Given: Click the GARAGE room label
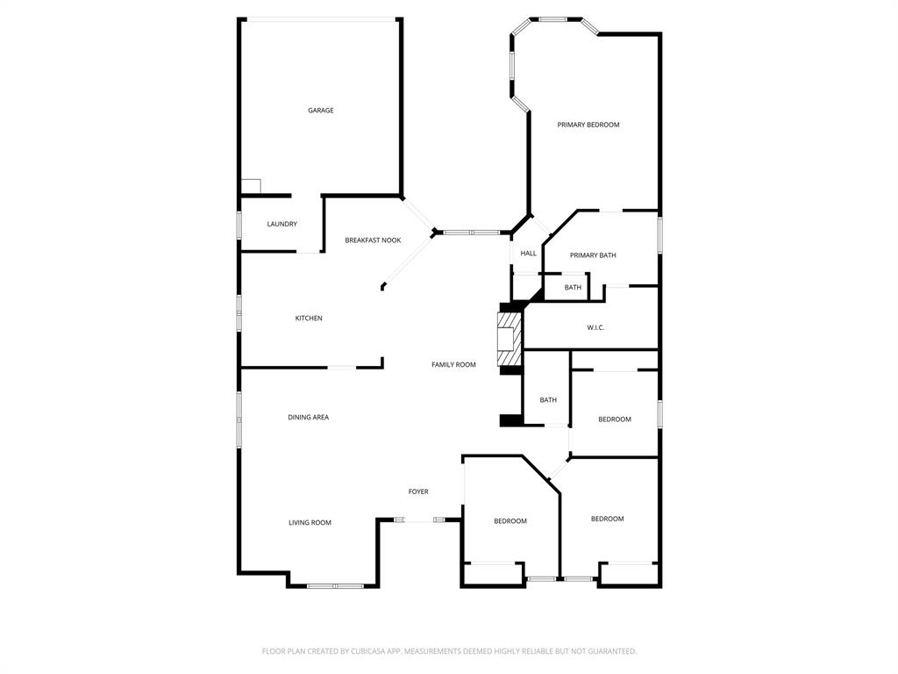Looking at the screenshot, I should pyautogui.click(x=320, y=111).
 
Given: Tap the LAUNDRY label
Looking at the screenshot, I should pyautogui.click(x=282, y=224).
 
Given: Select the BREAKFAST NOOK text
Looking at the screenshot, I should pyautogui.click(x=373, y=240).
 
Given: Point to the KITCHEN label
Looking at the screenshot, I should pyautogui.click(x=308, y=318).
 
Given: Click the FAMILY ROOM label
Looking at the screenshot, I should pyautogui.click(x=453, y=364).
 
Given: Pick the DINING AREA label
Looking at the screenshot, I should pyautogui.click(x=308, y=417).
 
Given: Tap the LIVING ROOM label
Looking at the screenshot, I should pyautogui.click(x=310, y=522).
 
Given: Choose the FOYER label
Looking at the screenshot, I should pyautogui.click(x=418, y=491).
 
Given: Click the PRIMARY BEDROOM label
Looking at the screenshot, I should pyautogui.click(x=588, y=125).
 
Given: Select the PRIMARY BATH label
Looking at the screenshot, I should pyautogui.click(x=593, y=255).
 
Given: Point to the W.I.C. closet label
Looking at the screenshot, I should pyautogui.click(x=595, y=327).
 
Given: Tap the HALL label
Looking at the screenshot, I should pyautogui.click(x=528, y=254).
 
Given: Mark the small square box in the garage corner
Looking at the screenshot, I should pyautogui.click(x=251, y=186).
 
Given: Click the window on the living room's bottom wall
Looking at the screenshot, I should pyautogui.click(x=335, y=585).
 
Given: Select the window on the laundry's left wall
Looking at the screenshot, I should pyautogui.click(x=239, y=224).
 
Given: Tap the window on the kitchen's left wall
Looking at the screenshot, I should pyautogui.click(x=239, y=312).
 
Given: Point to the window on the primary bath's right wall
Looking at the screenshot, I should pyautogui.click(x=659, y=235).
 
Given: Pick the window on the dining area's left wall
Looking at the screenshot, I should pyautogui.click(x=239, y=419).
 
